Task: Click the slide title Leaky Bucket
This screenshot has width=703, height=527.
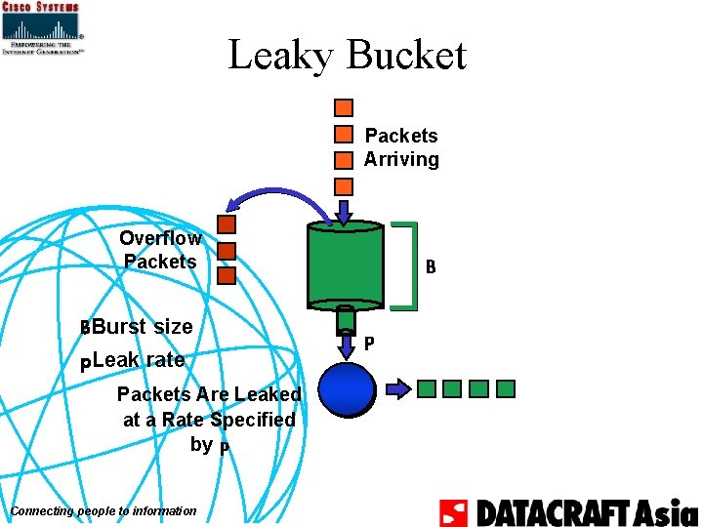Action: click(347, 55)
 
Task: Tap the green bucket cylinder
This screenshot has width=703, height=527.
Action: click(345, 264)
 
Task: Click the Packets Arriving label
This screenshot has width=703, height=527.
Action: click(401, 147)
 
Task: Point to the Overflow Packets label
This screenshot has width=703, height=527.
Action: click(160, 250)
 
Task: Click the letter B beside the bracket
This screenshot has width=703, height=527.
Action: click(430, 265)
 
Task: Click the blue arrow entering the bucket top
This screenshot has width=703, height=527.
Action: click(345, 212)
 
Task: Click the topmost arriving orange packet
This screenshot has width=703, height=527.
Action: click(344, 107)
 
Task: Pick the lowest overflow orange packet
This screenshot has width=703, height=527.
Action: click(227, 275)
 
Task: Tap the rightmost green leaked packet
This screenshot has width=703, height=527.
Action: click(505, 389)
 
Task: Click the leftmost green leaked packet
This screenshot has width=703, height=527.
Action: click(427, 389)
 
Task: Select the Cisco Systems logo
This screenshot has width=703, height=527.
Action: click(43, 28)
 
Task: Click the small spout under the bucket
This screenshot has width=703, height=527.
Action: click(345, 320)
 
